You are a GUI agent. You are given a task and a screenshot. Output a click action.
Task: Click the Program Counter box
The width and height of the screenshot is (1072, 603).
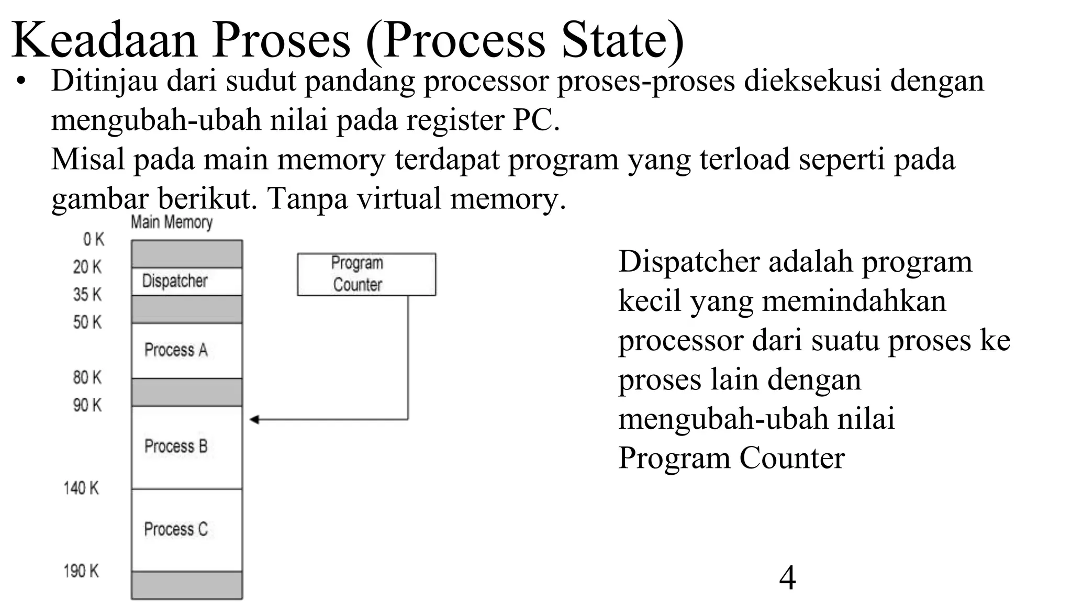[x=366, y=274]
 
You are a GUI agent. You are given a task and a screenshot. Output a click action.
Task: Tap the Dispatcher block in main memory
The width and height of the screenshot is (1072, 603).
[x=186, y=281]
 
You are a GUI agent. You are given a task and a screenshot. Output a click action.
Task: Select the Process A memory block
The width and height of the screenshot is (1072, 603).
[x=186, y=350]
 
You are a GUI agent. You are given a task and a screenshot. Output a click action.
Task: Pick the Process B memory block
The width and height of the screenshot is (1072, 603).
[x=186, y=447]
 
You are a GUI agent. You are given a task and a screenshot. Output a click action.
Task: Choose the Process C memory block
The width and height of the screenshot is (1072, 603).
[x=186, y=530]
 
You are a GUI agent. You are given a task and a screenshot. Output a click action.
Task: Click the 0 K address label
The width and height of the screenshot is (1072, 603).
[x=94, y=240]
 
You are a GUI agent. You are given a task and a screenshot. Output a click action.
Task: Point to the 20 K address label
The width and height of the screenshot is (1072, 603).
[x=87, y=267]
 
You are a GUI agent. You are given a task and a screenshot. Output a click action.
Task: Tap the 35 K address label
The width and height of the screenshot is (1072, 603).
[x=87, y=295]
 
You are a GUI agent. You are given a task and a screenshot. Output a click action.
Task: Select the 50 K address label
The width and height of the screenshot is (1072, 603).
[x=87, y=322]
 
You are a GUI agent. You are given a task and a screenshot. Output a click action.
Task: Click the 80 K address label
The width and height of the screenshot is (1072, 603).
[x=87, y=377]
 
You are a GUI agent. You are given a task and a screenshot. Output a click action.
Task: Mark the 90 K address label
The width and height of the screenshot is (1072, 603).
[x=87, y=405]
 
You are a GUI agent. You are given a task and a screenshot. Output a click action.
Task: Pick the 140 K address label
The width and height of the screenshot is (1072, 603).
[x=81, y=488]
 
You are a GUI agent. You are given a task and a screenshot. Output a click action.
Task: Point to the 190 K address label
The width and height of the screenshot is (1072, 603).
[x=81, y=571]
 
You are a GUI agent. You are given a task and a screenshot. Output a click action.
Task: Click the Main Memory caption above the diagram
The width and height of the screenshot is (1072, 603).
[x=171, y=222]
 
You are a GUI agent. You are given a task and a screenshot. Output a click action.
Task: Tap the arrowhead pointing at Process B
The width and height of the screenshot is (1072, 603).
[x=254, y=419]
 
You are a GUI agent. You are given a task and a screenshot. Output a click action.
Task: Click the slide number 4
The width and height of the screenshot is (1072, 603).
[x=787, y=578]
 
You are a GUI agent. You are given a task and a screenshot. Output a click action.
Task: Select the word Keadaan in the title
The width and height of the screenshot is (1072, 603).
[x=104, y=40]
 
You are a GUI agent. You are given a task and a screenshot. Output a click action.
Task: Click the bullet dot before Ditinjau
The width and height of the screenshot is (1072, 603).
[x=20, y=82]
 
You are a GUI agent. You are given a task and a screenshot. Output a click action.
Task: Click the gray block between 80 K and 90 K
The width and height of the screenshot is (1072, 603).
[x=186, y=392]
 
